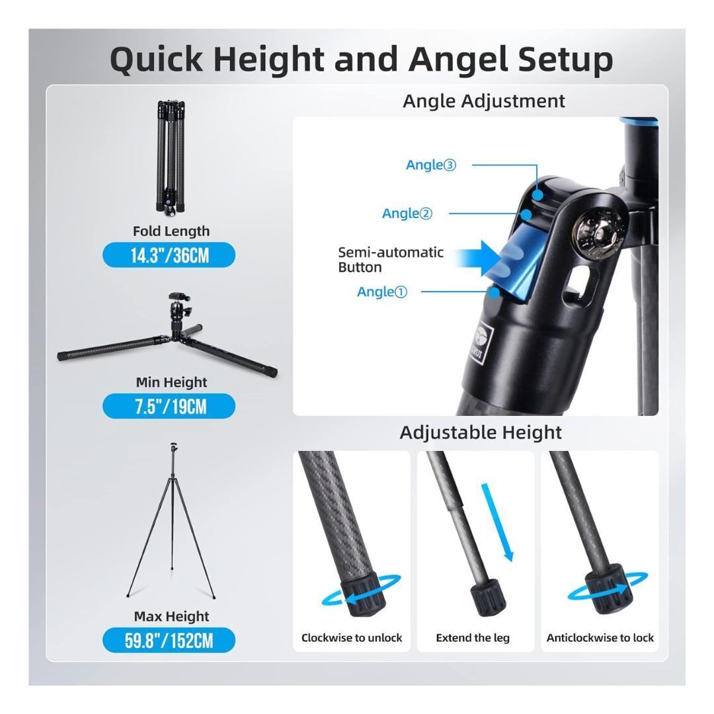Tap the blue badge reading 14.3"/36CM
pos(169,255)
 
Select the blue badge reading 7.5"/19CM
pos(169,406)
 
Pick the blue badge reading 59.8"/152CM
pos(169,640)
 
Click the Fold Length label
pos(171,231)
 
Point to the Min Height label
pos(171,382)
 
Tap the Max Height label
pos(171,616)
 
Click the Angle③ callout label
pos(431,165)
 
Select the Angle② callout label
pos(407,214)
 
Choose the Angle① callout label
pos(382,292)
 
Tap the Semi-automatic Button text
pos(390,259)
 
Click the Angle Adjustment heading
pos(484,101)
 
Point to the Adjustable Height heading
pos(481,432)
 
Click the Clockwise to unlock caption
pos(352,638)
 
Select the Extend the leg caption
pos(473,638)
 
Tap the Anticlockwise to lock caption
pos(600,638)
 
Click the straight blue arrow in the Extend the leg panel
pos(498,522)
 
